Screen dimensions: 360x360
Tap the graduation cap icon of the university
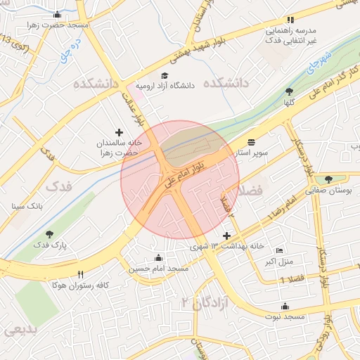click(x=165, y=75)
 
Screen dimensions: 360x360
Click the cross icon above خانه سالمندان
click(x=119, y=131)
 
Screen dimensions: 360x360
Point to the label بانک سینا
click(x=27, y=207)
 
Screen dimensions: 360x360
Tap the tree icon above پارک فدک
click(x=49, y=234)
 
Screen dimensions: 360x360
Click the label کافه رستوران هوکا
click(x=79, y=285)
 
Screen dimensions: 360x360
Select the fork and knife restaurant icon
click(x=80, y=274)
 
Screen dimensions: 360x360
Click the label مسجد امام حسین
click(x=159, y=269)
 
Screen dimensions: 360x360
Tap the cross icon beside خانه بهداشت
click(x=226, y=236)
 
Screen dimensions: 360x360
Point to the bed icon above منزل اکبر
click(x=280, y=251)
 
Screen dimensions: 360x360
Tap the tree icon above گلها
click(x=290, y=91)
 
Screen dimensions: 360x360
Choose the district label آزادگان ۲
click(x=196, y=303)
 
